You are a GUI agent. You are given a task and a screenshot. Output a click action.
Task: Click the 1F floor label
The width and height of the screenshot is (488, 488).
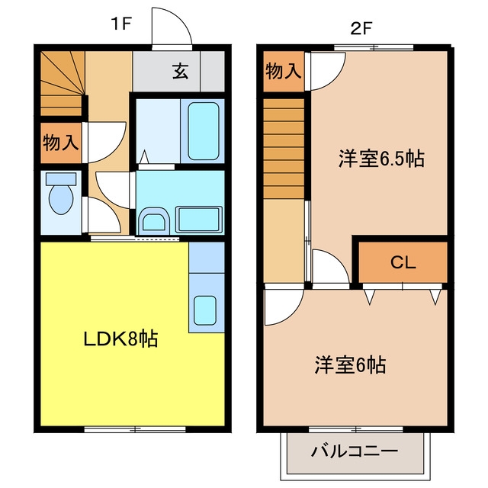pyautogui.click(x=121, y=24)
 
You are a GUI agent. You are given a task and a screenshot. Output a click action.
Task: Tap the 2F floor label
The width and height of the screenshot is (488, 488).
pyautogui.click(x=361, y=29)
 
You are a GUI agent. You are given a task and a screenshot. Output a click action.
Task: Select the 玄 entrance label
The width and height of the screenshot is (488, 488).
pyautogui.click(x=181, y=71)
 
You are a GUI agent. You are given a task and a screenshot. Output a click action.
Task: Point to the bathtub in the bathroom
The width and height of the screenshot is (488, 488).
pyautogui.click(x=203, y=131)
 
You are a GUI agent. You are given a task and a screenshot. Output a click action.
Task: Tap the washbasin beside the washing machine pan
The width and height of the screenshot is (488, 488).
pyautogui.click(x=154, y=221)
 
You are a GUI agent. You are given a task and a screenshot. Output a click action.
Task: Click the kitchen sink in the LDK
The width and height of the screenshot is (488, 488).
pyautogui.click(x=205, y=310)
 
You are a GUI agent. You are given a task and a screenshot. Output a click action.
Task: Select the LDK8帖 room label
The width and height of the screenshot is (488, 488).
pyautogui.click(x=120, y=339)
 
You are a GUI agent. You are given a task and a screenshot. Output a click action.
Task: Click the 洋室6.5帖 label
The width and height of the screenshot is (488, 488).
pyautogui.click(x=381, y=159)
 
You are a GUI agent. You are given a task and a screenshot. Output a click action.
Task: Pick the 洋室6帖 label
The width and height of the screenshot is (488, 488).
pyautogui.click(x=350, y=364)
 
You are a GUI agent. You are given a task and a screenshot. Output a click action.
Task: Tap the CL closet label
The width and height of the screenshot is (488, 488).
pyautogui.click(x=403, y=262)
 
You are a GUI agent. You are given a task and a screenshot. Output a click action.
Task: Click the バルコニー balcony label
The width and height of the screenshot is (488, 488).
pyautogui.click(x=354, y=451)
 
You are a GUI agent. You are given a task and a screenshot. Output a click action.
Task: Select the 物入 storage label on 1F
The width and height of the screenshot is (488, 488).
pyautogui.click(x=61, y=143)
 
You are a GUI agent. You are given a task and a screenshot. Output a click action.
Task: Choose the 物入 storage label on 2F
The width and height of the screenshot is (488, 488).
pyautogui.click(x=283, y=71)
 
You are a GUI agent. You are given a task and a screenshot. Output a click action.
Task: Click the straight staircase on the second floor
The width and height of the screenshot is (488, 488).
pyautogui.click(x=284, y=148)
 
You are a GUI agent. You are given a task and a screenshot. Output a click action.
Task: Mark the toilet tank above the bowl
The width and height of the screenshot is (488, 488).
pyautogui.click(x=61, y=179)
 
